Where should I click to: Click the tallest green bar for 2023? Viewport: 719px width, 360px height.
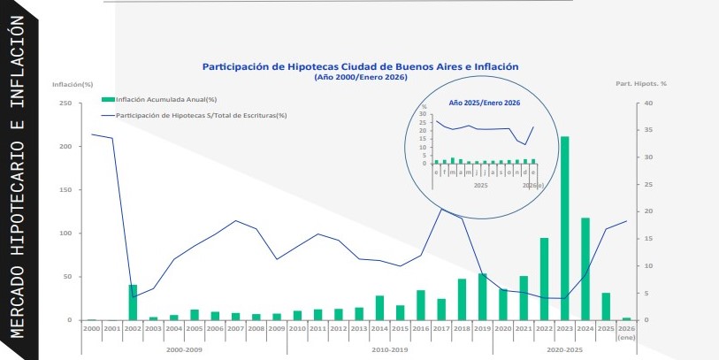(564, 228)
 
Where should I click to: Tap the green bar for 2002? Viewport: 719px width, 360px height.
(133, 303)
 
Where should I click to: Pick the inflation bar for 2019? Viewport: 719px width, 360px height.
(482, 297)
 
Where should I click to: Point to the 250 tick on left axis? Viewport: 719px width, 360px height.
(65, 103)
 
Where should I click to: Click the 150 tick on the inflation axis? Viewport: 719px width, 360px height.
(65, 190)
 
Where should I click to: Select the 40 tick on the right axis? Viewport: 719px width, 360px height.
(648, 103)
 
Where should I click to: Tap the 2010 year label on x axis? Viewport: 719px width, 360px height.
(297, 328)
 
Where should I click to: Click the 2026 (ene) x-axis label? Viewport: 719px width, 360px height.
(626, 332)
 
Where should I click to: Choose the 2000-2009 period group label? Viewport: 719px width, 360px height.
(185, 349)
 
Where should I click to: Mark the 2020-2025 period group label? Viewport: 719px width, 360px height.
(564, 349)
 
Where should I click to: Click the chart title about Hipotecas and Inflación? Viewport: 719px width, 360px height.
(360, 66)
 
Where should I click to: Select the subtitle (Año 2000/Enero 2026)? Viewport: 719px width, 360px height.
(360, 77)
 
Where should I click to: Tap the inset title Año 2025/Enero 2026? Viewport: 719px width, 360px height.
(484, 103)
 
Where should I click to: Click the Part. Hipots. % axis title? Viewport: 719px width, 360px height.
(640, 84)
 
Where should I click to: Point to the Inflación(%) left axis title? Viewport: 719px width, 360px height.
(73, 84)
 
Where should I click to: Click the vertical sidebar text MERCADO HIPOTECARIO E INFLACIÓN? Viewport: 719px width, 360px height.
(17, 177)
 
